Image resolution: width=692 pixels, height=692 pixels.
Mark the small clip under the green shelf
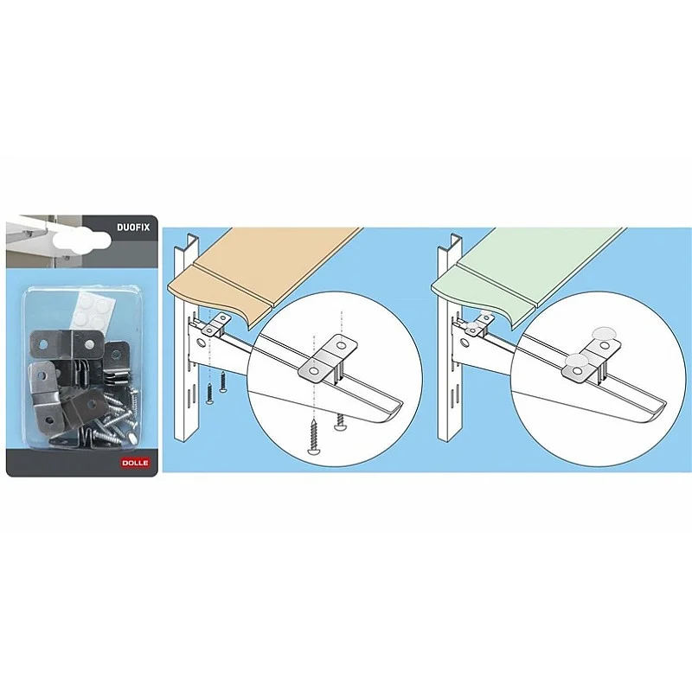[x=477, y=324]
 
